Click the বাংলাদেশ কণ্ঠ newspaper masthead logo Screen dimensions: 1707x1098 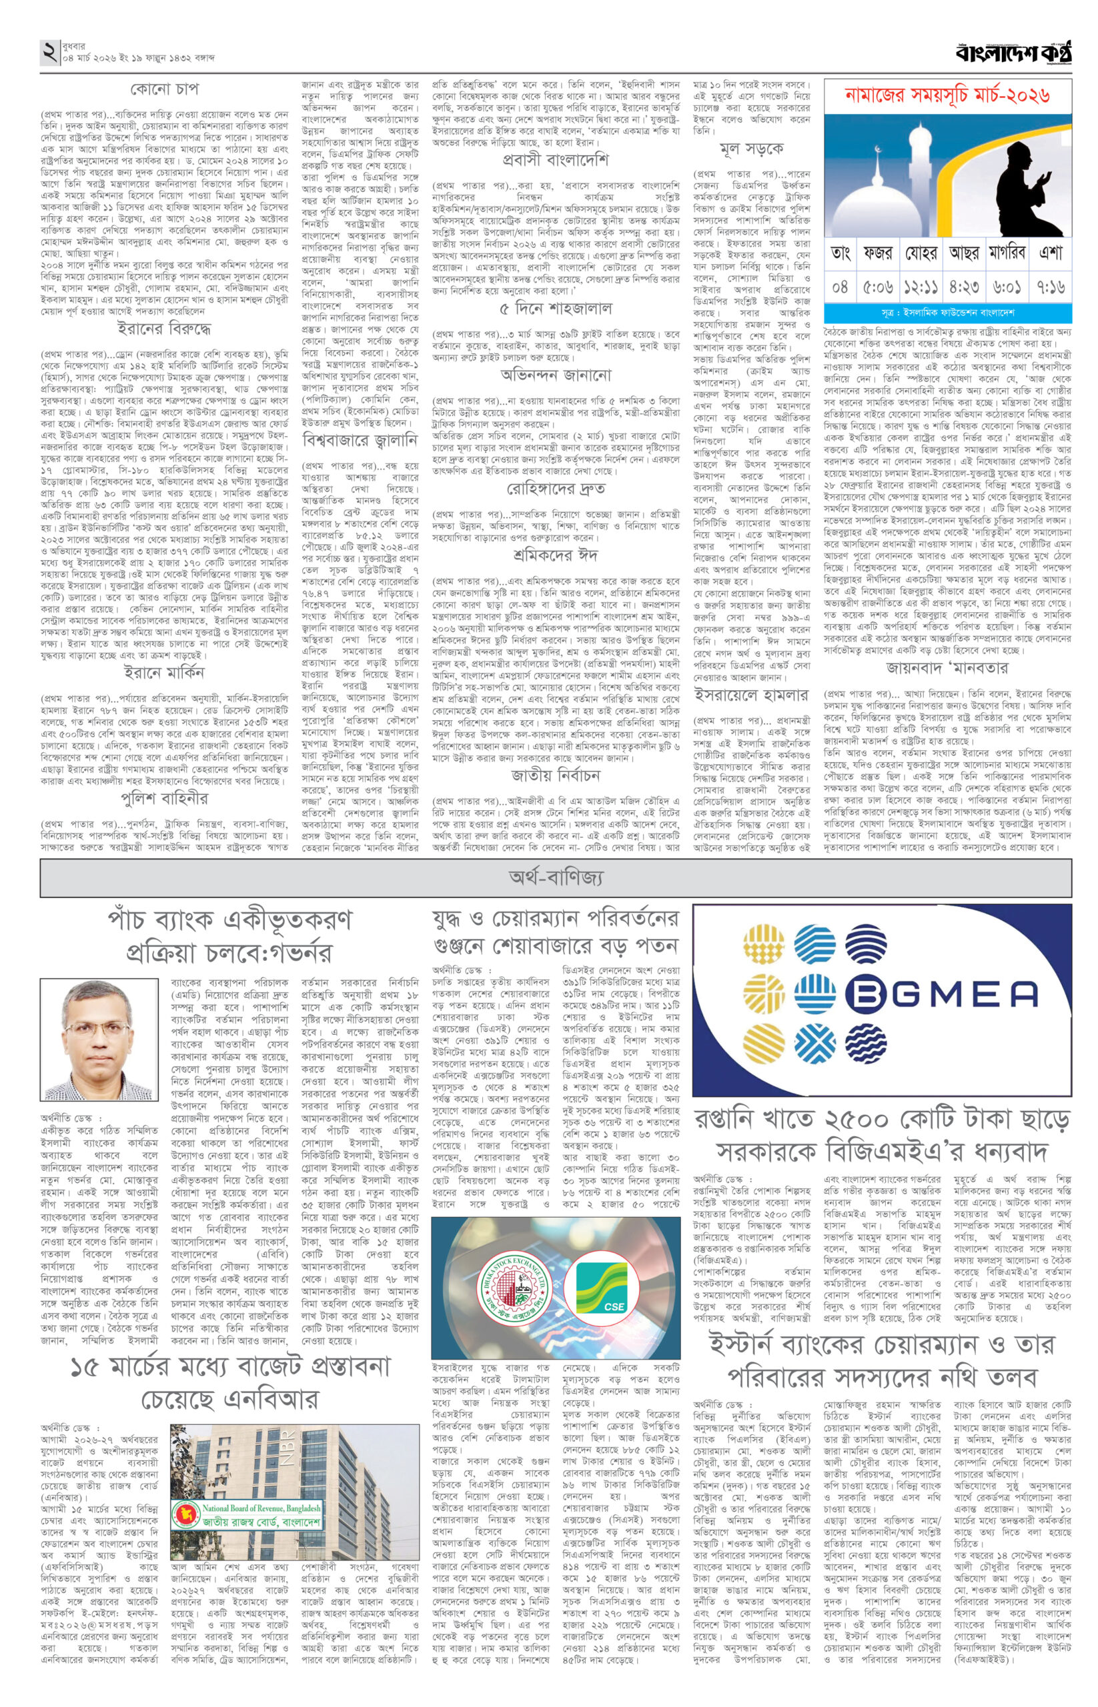[x=1013, y=53]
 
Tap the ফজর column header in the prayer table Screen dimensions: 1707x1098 [x=877, y=253]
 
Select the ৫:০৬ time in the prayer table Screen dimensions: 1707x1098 [x=877, y=288]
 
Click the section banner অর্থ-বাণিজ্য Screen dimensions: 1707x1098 [x=556, y=878]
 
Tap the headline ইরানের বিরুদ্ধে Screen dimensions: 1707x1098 [x=164, y=330]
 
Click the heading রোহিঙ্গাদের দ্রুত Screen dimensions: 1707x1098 [x=556, y=489]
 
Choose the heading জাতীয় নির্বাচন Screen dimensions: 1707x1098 [x=556, y=775]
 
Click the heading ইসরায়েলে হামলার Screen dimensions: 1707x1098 [x=752, y=695]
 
